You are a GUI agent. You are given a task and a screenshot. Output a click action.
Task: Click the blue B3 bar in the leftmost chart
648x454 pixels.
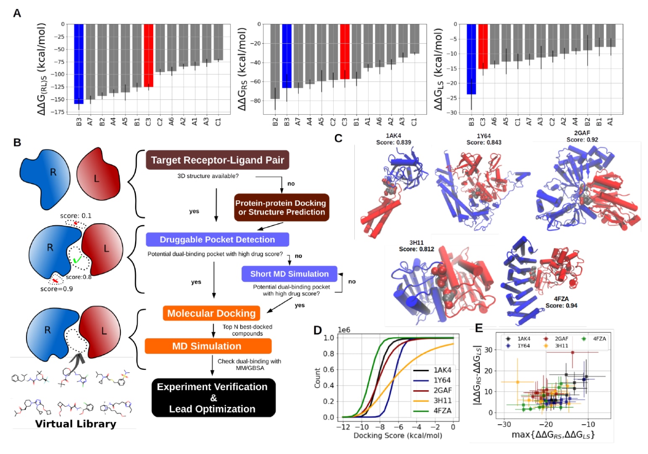[x=79, y=63]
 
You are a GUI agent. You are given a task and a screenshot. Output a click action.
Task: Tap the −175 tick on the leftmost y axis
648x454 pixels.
[x=59, y=112]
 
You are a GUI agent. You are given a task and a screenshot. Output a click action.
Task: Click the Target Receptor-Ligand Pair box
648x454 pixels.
[x=217, y=160]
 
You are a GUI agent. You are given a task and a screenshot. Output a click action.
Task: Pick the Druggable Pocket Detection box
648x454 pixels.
[x=217, y=240]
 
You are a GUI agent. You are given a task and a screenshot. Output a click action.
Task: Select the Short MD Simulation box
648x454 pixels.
[x=289, y=274]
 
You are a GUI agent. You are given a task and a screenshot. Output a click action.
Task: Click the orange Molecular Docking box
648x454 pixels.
[x=211, y=313]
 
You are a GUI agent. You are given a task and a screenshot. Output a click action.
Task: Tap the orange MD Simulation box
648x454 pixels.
[x=208, y=346]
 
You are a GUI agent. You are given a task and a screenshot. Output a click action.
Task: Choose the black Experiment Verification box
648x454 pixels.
[x=213, y=398]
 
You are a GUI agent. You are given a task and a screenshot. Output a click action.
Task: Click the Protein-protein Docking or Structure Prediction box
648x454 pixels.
[x=282, y=208]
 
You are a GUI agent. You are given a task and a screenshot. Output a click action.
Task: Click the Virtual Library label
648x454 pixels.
[x=76, y=424]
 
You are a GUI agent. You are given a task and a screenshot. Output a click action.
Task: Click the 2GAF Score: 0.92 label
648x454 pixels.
[x=582, y=136]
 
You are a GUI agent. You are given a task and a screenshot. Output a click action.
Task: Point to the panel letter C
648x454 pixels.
[x=338, y=138]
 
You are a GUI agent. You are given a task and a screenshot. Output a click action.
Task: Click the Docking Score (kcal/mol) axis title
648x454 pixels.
[x=398, y=436]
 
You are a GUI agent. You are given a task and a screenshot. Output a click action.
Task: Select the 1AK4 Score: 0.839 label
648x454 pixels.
[x=393, y=139]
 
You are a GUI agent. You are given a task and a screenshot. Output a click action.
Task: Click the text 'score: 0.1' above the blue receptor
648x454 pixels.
[x=76, y=216]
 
